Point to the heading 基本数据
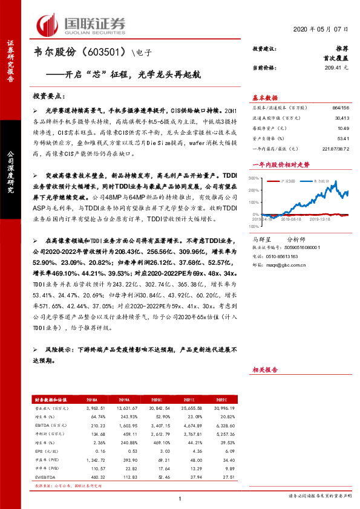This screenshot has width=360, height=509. (264, 98)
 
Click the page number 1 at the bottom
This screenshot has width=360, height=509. (180, 498)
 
